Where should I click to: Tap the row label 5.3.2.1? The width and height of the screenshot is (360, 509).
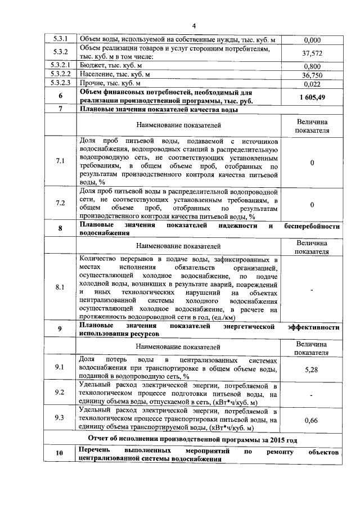[60, 66]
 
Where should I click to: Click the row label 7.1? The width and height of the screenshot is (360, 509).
[60, 162]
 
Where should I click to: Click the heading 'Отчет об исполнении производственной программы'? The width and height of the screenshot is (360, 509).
[193, 439]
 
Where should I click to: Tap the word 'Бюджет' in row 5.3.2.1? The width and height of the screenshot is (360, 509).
[93, 66]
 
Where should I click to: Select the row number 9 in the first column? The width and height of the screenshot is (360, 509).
[60, 330]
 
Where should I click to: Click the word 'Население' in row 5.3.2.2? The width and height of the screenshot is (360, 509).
[97, 75]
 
